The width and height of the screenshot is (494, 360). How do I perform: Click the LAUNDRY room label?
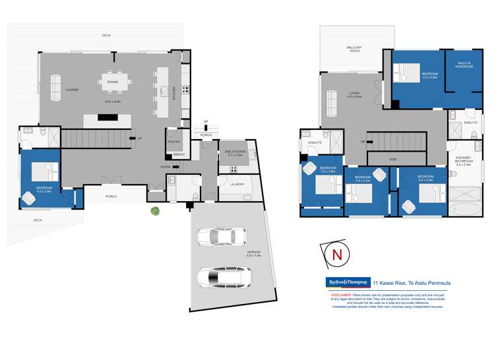click(x=238, y=184)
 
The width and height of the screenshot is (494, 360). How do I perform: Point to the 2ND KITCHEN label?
click(x=235, y=152)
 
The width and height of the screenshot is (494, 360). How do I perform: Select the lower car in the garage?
click(x=221, y=278)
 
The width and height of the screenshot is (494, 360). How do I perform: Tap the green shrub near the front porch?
click(x=155, y=212)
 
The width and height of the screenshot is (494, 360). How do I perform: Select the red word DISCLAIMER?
click(x=342, y=295)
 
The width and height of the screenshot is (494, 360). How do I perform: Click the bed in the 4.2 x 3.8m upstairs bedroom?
click(x=410, y=69)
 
